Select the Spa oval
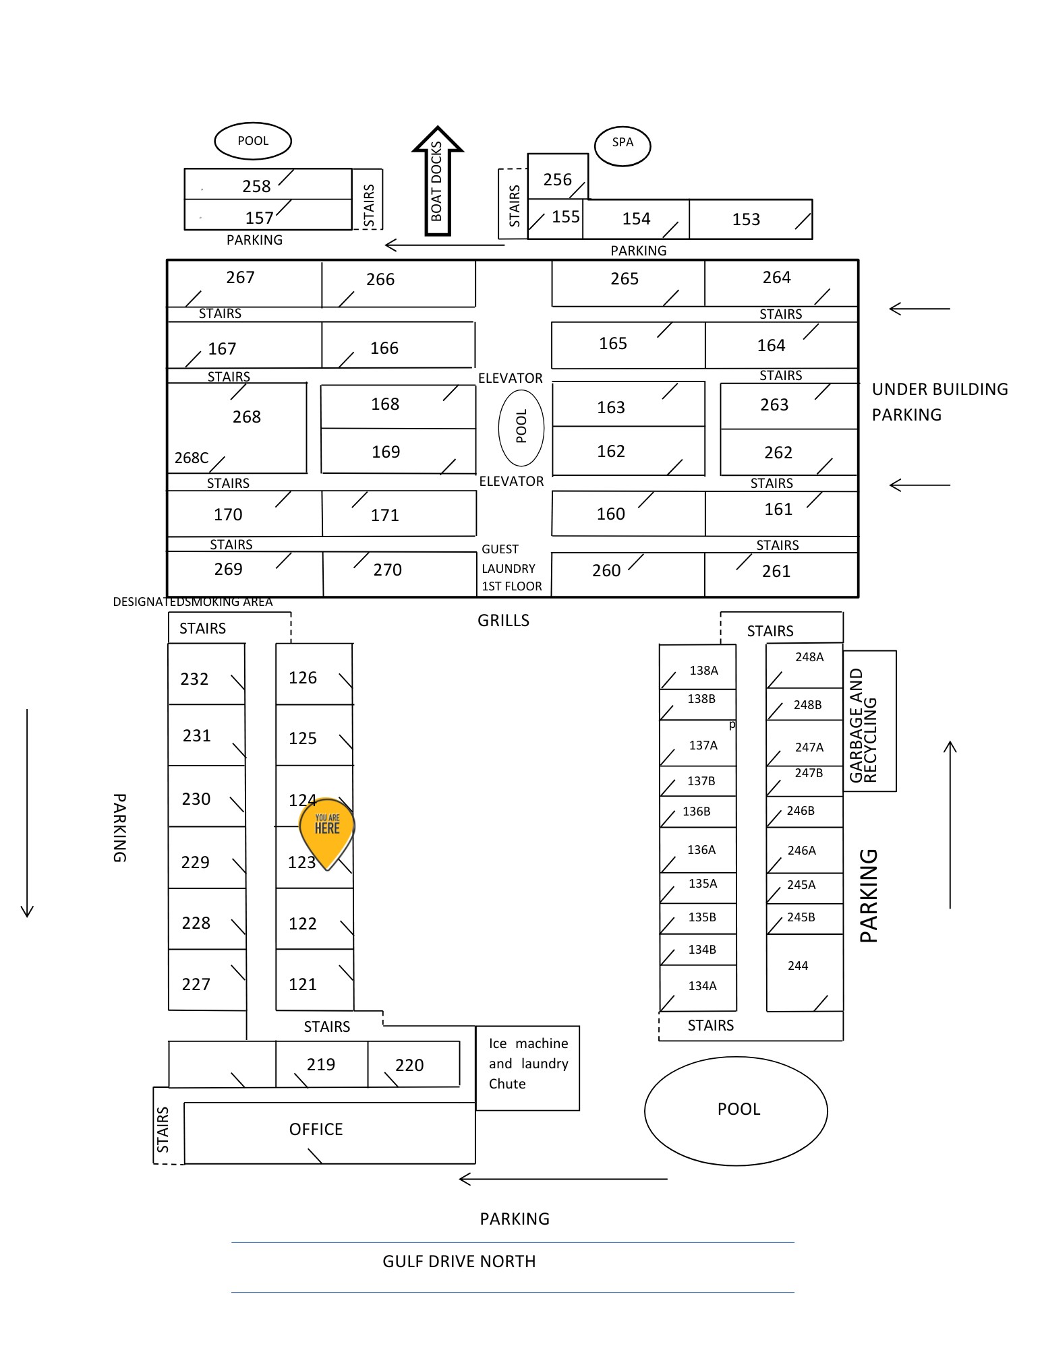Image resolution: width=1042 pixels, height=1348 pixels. [x=623, y=146]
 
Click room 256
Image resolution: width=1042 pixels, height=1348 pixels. [x=558, y=177]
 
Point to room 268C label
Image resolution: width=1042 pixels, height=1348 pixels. [x=192, y=458]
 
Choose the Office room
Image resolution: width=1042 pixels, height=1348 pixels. [x=330, y=1133]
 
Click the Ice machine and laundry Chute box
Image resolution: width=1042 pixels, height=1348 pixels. [x=527, y=1068]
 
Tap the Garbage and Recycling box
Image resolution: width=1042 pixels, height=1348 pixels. [x=869, y=721]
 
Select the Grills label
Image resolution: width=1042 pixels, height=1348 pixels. [x=503, y=621]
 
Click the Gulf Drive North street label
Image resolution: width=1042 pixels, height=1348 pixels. [x=459, y=1262]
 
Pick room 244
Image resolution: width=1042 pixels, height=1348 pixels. [x=805, y=973]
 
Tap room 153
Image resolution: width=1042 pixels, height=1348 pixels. [x=751, y=219]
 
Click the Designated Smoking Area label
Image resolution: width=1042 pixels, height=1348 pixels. [x=193, y=602]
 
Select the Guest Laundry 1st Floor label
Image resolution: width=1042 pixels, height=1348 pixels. [x=511, y=568]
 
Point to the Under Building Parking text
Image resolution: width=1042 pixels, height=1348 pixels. [x=940, y=402]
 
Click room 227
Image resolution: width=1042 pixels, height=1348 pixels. [x=207, y=980]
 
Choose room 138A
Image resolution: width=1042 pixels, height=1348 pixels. [x=697, y=667]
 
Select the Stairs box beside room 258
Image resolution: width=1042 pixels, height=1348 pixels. [x=368, y=199]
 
